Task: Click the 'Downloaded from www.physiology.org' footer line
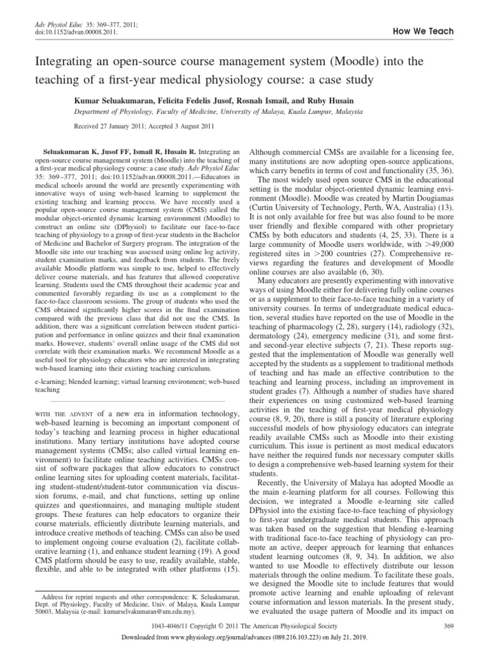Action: click(244, 642)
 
